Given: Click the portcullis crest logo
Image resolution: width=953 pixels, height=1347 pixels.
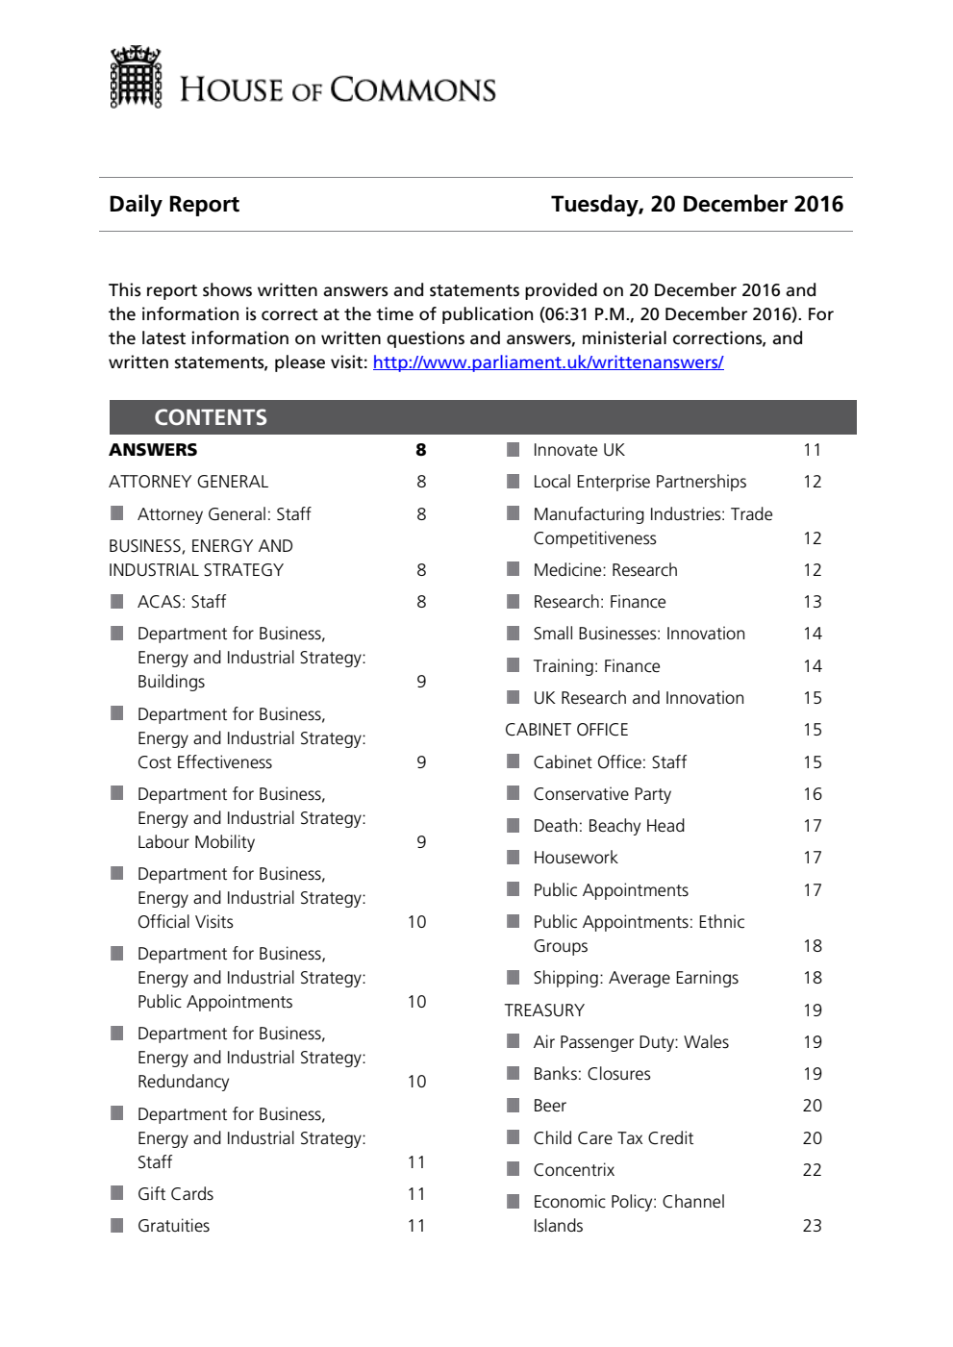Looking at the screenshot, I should (x=136, y=78).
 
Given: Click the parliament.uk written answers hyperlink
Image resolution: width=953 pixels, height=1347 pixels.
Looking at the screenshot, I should (x=547, y=362).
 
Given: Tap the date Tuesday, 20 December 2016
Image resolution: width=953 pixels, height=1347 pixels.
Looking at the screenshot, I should (x=696, y=204).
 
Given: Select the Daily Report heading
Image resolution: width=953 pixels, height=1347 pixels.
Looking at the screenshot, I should (x=174, y=204).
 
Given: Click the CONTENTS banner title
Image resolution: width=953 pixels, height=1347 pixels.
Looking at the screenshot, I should (x=211, y=417).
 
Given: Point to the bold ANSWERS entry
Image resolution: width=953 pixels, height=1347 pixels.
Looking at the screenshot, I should (x=153, y=450).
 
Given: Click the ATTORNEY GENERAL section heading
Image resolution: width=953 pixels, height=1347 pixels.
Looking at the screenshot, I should (x=188, y=482).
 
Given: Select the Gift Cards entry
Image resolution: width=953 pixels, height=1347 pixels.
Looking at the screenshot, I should (x=175, y=1194).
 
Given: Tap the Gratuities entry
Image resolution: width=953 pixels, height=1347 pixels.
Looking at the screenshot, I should (x=173, y=1226).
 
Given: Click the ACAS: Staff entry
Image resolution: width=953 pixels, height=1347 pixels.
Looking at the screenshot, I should (x=181, y=602).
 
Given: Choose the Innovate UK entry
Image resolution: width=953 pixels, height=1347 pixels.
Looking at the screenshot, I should (x=579, y=450).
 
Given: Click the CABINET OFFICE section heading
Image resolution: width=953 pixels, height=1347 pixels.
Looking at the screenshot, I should (x=566, y=730).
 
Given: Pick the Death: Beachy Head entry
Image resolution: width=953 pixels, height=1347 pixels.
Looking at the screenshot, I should (x=609, y=826).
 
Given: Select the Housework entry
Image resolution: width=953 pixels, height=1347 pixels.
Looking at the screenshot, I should (x=575, y=858).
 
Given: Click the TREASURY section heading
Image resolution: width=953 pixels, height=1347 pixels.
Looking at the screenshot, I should (x=544, y=1010).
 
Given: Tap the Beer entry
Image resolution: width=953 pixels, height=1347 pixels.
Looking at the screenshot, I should (x=549, y=1106).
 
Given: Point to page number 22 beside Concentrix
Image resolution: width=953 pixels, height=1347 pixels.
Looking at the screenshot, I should (x=812, y=1170).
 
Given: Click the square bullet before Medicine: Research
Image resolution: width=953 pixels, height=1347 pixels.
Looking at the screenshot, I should (x=514, y=569).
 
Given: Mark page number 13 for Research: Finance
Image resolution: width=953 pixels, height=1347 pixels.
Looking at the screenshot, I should (x=812, y=602).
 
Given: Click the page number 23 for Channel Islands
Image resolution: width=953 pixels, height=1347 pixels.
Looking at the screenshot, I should (x=812, y=1226).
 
